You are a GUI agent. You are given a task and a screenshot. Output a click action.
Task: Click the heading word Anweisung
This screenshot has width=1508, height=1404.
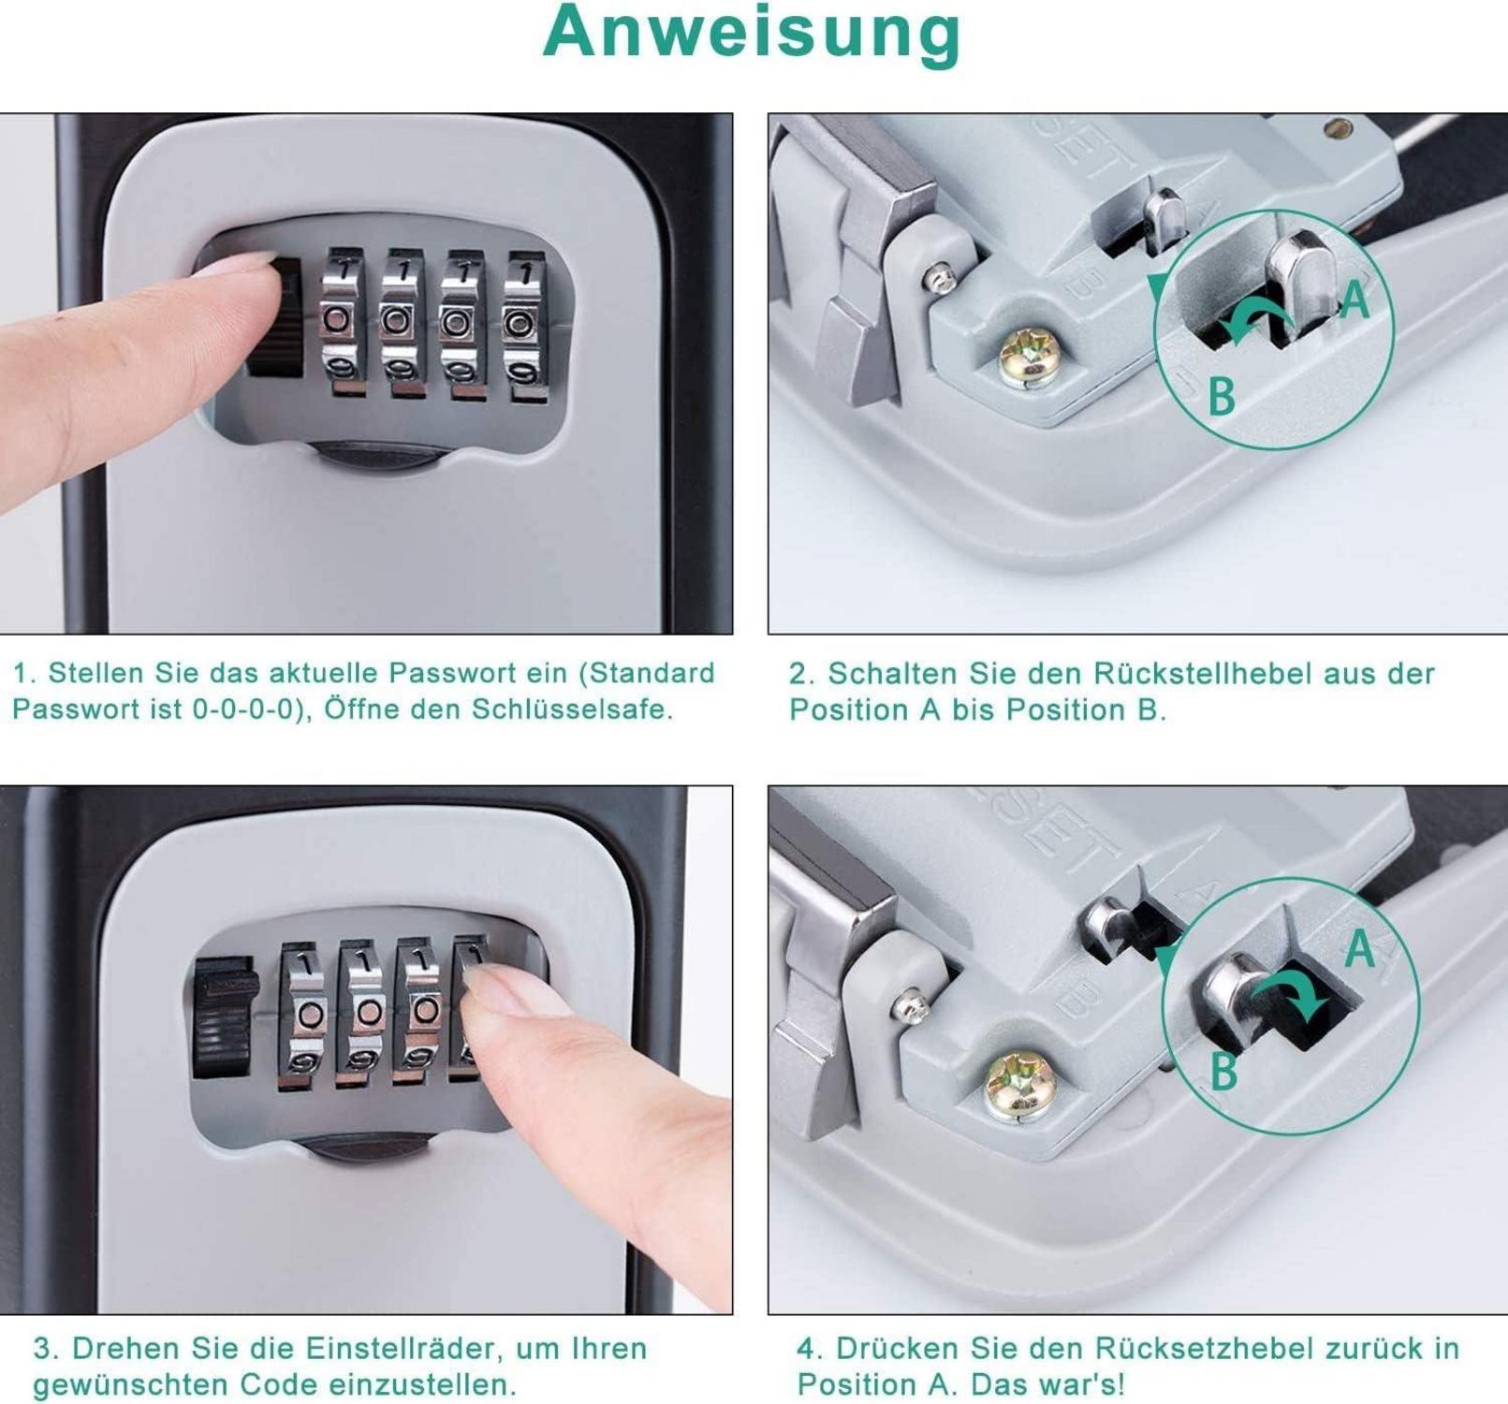[x=752, y=34]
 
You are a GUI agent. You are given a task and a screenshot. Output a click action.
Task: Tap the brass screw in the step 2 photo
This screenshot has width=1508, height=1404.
[x=1027, y=357]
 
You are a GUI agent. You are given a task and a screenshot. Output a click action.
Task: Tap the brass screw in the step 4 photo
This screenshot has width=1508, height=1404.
[x=1019, y=1086]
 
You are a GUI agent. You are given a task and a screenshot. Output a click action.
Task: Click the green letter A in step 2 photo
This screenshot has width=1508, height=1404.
[x=1355, y=300]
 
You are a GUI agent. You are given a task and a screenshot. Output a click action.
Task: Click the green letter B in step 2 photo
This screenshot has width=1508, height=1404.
[x=1222, y=396]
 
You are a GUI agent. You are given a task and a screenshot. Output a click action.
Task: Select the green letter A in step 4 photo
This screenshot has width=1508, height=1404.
[x=1360, y=948]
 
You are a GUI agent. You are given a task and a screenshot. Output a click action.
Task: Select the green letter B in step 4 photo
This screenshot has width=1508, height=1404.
[x=1224, y=1071]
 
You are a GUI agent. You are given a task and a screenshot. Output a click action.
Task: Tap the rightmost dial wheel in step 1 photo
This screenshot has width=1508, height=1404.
[x=525, y=326]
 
